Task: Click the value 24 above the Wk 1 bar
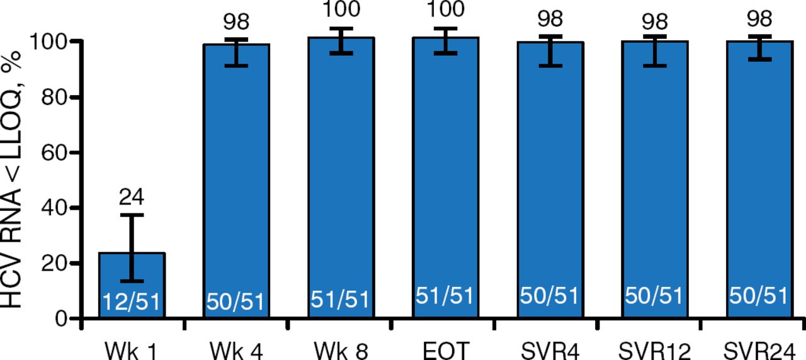132,198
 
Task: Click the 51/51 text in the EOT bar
445,297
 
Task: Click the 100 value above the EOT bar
445,10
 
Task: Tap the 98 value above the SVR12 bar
655,21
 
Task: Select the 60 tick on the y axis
56,152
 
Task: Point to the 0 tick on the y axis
62,318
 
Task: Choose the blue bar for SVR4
550,189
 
